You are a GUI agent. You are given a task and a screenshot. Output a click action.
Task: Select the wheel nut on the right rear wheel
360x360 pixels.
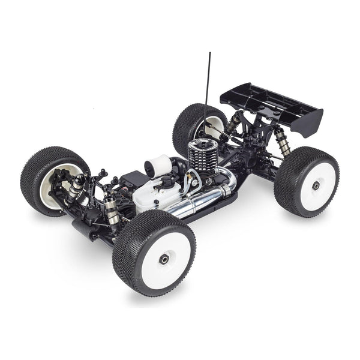coord(316,186)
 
